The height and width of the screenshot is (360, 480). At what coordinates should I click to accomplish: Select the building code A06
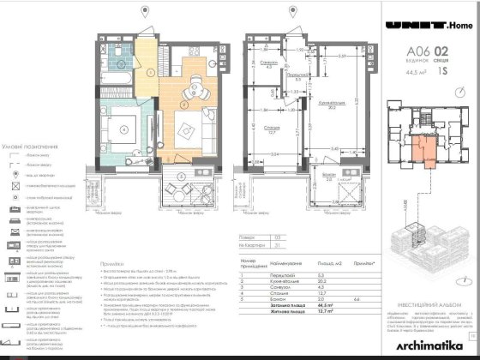417,53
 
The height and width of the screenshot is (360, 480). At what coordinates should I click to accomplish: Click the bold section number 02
441,53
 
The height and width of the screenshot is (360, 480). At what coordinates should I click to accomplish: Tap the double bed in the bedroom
125,129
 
